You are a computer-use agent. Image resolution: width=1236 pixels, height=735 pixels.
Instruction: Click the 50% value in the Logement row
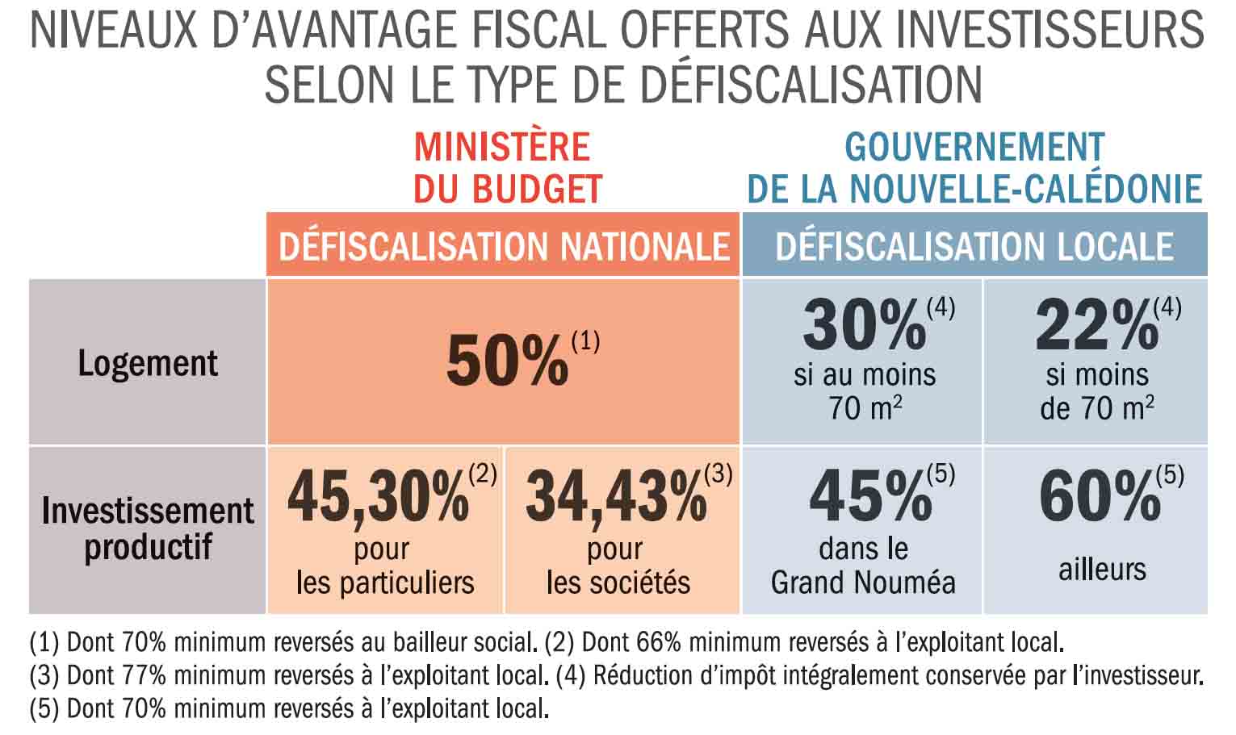tap(507, 361)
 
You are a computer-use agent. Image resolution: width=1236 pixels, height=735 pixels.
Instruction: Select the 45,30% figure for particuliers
tap(378, 497)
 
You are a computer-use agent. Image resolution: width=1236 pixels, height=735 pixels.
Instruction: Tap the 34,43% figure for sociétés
tap(616, 497)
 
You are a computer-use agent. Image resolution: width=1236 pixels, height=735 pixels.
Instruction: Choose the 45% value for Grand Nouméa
tap(870, 497)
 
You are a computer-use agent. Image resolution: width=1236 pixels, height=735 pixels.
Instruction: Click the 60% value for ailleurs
tap(1100, 497)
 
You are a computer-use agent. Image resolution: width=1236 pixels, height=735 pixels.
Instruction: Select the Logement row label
tap(148, 363)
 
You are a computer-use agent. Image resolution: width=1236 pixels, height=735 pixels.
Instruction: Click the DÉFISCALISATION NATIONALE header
tap(504, 246)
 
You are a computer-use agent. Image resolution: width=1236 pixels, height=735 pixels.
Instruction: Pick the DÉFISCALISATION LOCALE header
tap(974, 246)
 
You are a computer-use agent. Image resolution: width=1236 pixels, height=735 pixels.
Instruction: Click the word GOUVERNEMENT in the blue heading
tap(974, 148)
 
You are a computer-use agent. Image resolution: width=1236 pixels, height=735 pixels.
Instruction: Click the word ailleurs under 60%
tap(1102, 569)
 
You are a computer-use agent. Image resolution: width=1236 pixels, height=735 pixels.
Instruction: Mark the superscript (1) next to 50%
tap(585, 342)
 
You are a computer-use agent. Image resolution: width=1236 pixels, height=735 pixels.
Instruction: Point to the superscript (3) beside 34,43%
tap(719, 474)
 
